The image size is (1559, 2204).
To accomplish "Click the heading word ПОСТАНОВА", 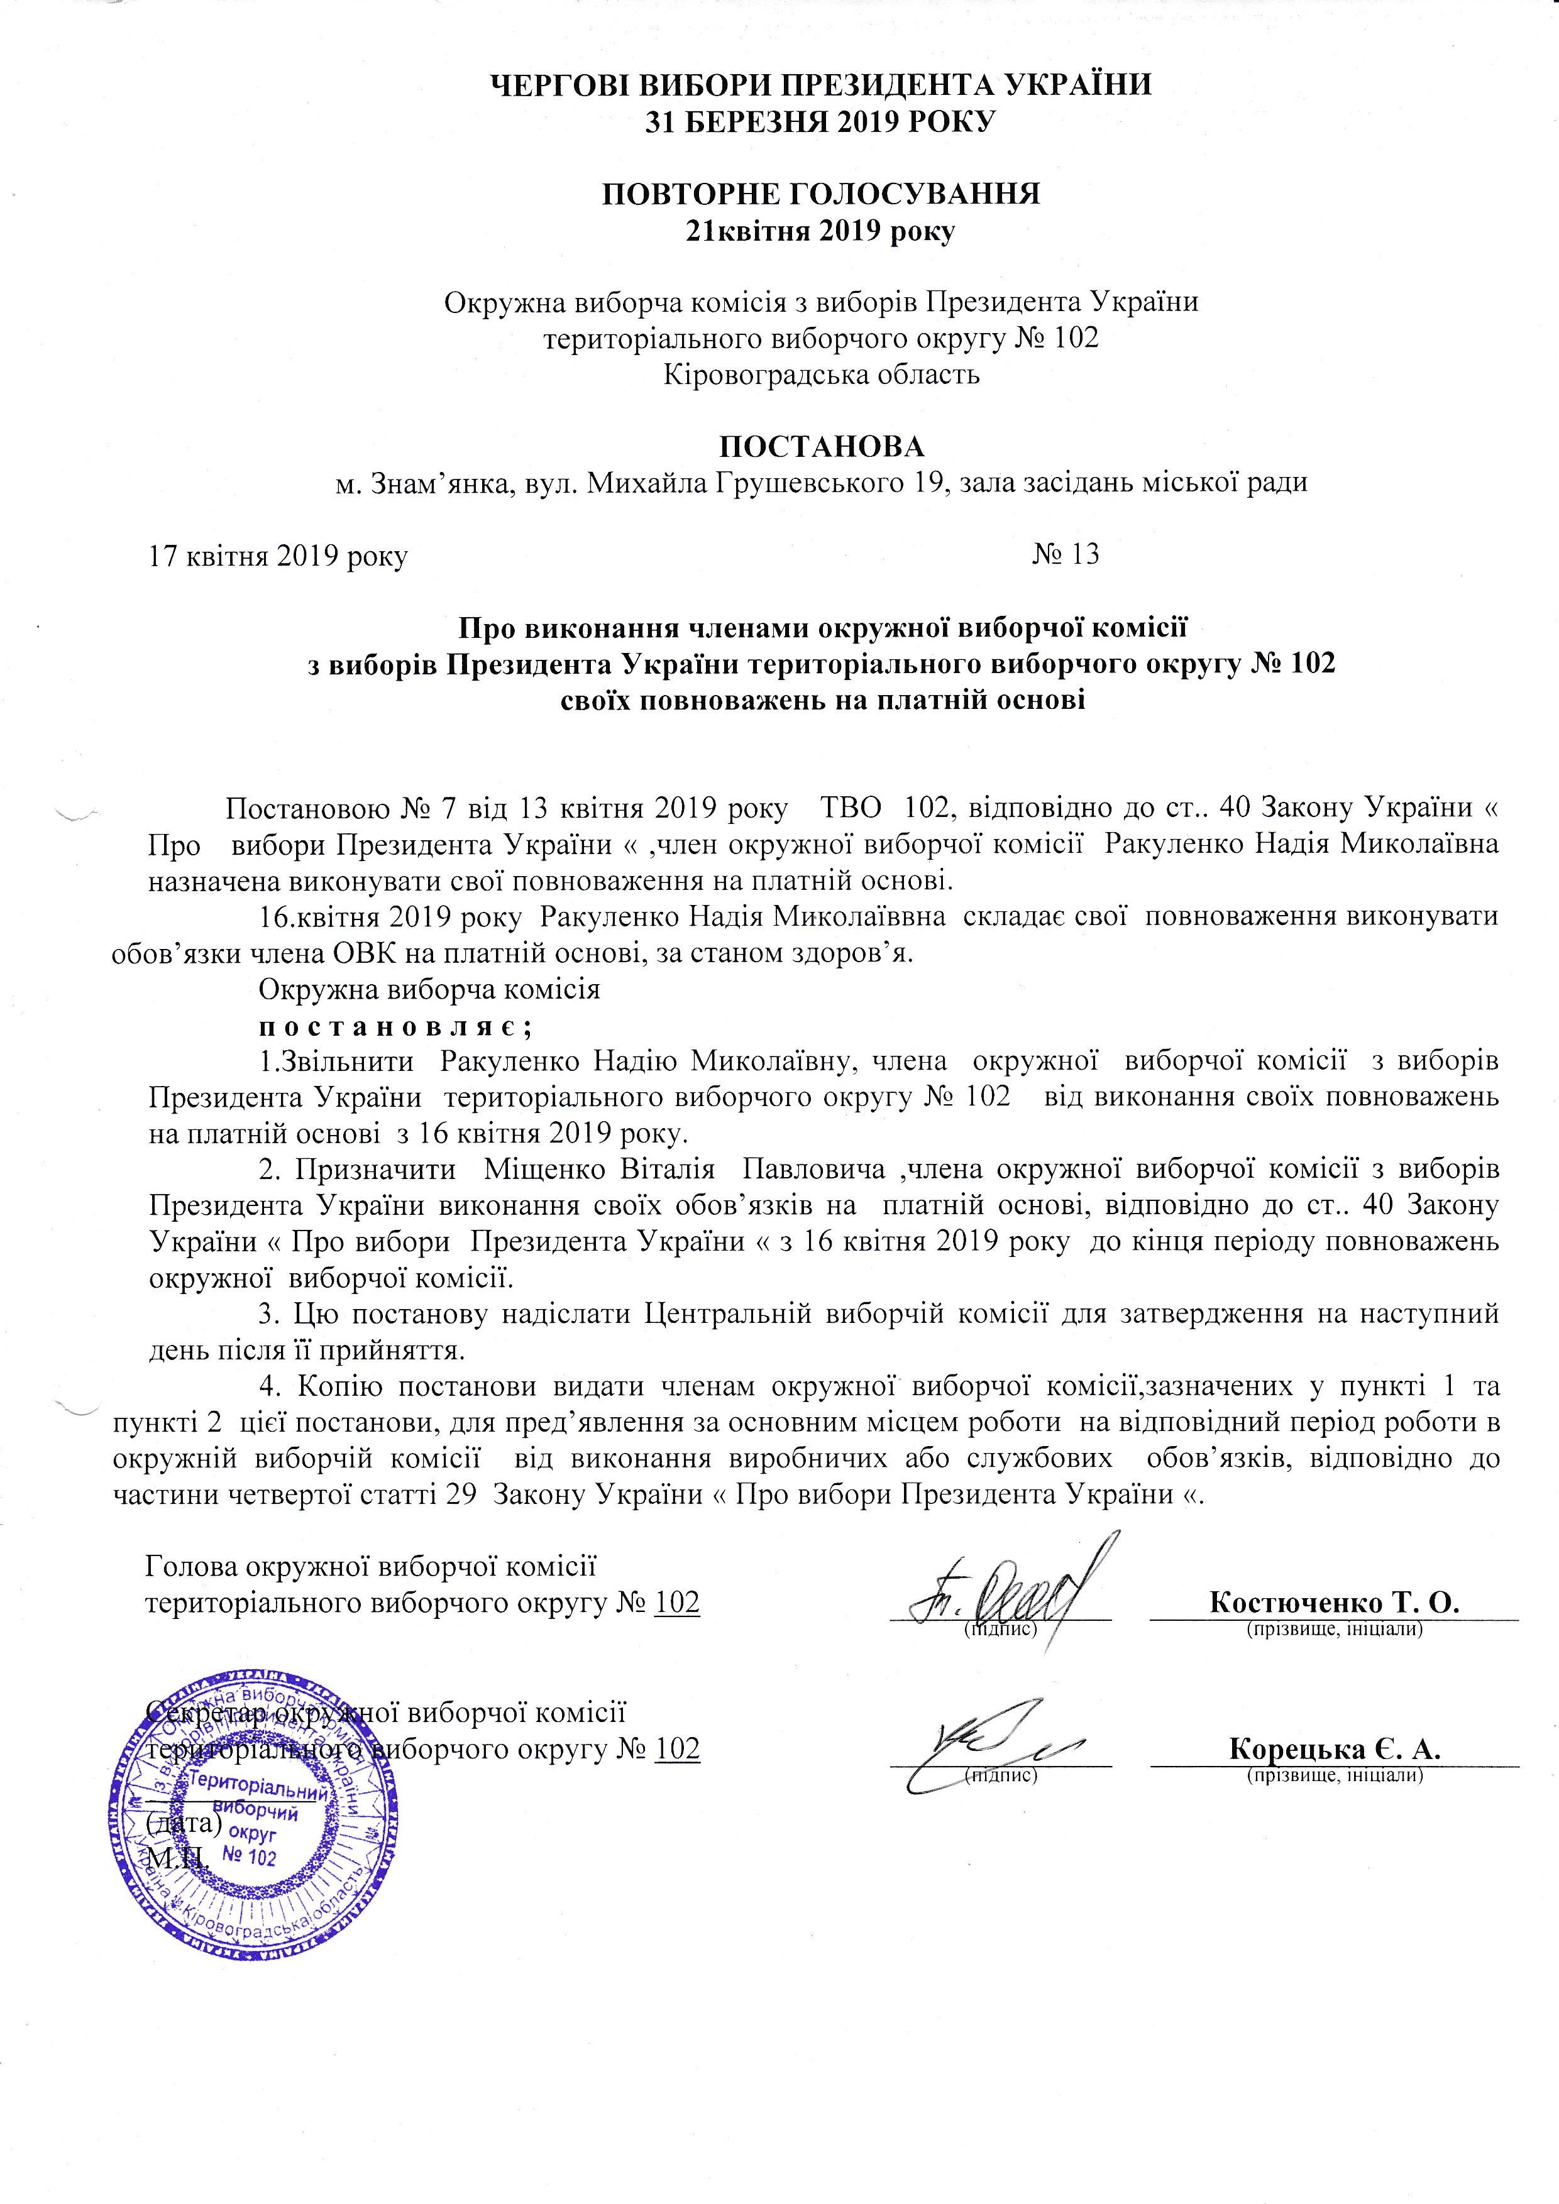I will [822, 446].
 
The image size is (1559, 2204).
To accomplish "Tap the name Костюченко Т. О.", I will [1335, 1602].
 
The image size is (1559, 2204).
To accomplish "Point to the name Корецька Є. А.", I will [1335, 1748].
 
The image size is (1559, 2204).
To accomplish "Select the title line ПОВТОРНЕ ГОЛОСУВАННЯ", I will [822, 194].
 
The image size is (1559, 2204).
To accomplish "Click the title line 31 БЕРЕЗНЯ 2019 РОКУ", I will [822, 122].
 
